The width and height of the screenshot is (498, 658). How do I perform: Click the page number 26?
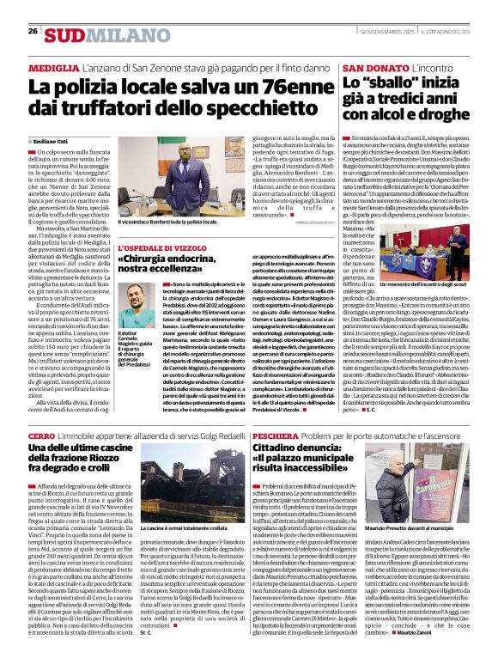coord(33,31)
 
